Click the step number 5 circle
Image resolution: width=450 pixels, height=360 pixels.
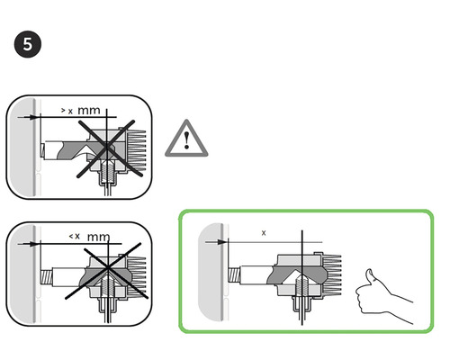coord(28,44)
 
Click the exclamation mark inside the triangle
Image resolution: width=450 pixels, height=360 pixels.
coord(187,140)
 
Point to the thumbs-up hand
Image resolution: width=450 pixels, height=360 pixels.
coord(384,297)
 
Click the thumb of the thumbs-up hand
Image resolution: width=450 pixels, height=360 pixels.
coord(369,276)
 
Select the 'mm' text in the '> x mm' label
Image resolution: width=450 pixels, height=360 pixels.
coord(89,111)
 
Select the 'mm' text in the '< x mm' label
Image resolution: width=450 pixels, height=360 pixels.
coord(98,237)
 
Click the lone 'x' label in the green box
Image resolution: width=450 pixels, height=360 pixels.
coord(264,233)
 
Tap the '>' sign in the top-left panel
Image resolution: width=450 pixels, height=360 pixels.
coord(63,110)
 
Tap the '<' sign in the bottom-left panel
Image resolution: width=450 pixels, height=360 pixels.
coord(71,237)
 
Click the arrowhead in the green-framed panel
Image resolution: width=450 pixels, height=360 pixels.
coord(223,242)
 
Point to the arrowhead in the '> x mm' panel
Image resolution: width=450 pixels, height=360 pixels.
coord(35,117)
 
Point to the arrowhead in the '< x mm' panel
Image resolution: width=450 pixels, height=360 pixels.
coord(35,244)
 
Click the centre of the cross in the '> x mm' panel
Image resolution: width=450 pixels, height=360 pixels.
coord(107,148)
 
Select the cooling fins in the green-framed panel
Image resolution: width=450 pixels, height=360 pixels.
coord(332,274)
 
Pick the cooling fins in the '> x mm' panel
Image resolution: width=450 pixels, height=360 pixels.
coord(137,150)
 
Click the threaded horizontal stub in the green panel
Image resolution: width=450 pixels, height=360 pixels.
coord(234,275)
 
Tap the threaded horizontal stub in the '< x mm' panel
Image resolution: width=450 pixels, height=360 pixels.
coord(47,277)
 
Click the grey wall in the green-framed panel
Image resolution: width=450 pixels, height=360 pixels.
coord(211,272)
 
